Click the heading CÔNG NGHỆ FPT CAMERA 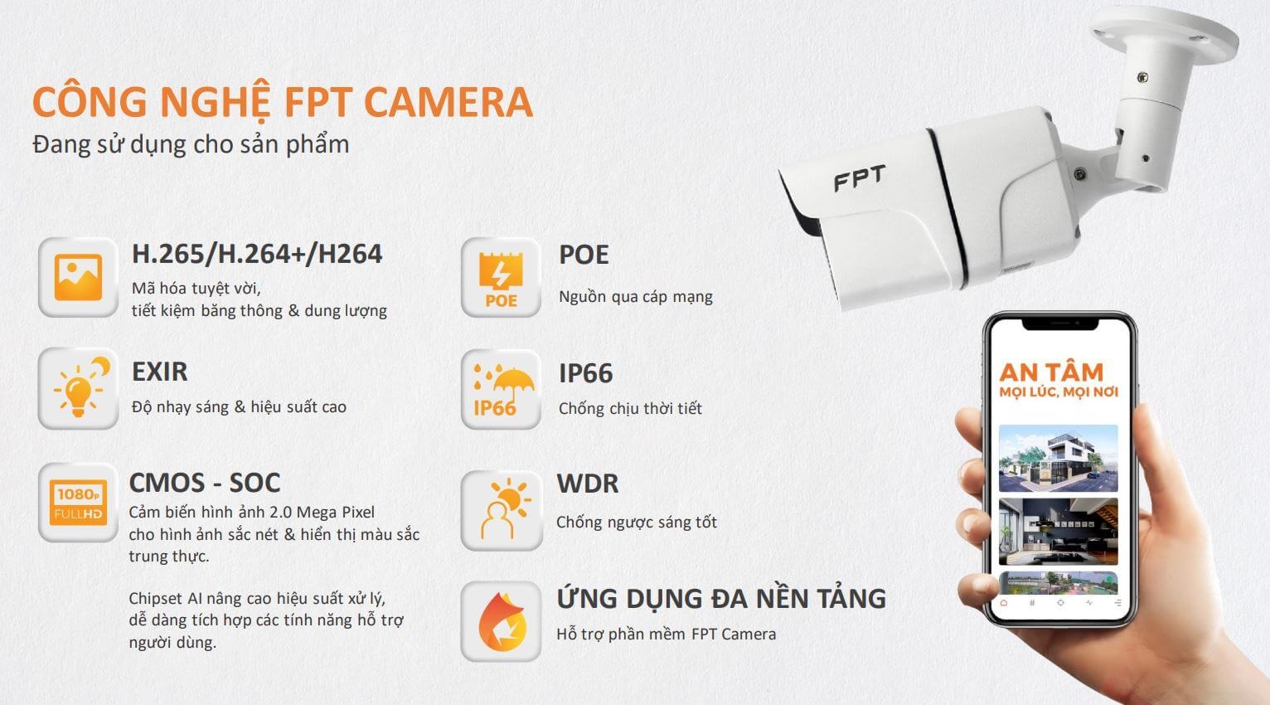point(282,101)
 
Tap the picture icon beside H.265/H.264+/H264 point(78,277)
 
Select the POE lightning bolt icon point(501,277)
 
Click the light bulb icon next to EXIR point(78,388)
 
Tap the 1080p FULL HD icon point(78,502)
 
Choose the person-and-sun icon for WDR point(502,510)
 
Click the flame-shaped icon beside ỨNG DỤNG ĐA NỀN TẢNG point(501,621)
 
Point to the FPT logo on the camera point(859,178)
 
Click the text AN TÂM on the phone point(1051,372)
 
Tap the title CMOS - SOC point(205,483)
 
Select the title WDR point(588,484)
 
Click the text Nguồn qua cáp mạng point(636,297)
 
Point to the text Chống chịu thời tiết point(630,408)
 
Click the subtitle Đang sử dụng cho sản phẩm point(191,144)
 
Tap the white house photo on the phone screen point(1058,458)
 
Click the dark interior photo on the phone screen point(1058,532)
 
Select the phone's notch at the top point(1059,323)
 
